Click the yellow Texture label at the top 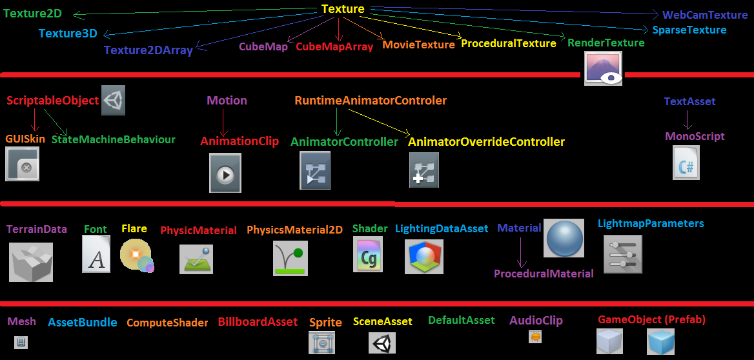coord(343,8)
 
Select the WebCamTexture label coord(704,15)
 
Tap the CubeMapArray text coord(334,46)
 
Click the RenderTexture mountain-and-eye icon coord(603,69)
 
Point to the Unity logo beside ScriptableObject coord(114,101)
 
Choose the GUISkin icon coord(22,164)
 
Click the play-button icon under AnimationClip coord(225,173)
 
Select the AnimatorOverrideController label coord(486,142)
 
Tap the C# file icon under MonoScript coord(686,163)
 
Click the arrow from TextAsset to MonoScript coord(687,119)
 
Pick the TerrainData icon coord(31,262)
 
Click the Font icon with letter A coord(96,254)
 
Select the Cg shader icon coord(368,255)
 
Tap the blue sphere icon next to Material coord(564,238)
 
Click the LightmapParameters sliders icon coord(623,254)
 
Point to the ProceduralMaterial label coord(544,274)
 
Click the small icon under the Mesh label coord(21,342)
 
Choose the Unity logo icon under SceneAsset coord(382,343)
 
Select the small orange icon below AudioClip coord(535,337)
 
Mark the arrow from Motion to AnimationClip coord(223,122)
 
